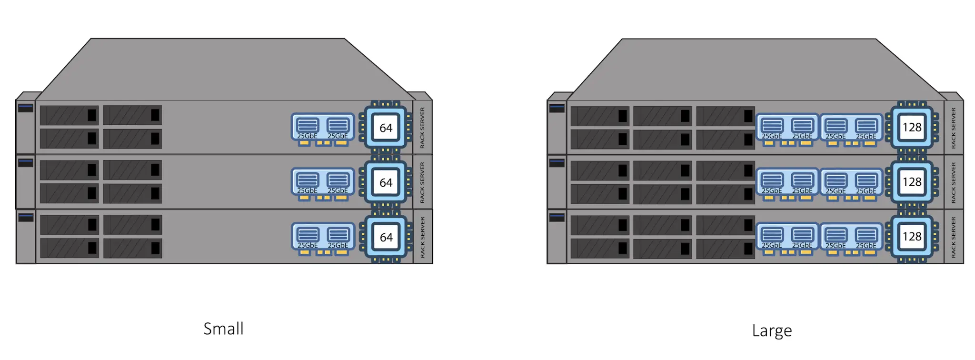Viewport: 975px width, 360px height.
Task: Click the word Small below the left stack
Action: coord(223,329)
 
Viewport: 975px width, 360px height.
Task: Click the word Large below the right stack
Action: coord(772,330)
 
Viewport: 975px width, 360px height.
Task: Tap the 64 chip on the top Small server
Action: coord(386,128)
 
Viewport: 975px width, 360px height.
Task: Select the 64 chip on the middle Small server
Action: coord(386,182)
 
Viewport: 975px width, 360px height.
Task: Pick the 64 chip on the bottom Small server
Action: coord(386,237)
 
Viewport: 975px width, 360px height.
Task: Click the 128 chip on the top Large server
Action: coord(912,127)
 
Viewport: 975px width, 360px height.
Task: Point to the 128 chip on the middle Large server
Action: coord(912,182)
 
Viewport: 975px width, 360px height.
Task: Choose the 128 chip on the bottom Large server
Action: coord(912,237)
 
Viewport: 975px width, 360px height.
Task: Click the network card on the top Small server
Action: coord(323,128)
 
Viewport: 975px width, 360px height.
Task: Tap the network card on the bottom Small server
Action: coord(323,237)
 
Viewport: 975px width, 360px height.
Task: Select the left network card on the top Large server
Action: coord(787,128)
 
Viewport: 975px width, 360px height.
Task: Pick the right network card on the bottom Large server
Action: coord(851,237)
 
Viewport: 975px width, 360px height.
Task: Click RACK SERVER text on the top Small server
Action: coord(422,128)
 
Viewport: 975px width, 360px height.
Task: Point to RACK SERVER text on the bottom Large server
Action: coord(953,237)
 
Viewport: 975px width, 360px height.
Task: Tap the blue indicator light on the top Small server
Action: coord(26,108)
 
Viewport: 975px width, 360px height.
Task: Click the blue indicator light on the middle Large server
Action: coord(557,162)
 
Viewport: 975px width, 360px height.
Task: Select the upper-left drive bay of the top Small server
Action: coord(70,115)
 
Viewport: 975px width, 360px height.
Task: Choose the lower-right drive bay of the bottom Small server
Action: coord(133,248)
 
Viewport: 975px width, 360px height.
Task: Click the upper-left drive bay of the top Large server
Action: coord(600,116)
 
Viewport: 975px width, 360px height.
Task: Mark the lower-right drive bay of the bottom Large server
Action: coord(726,249)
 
